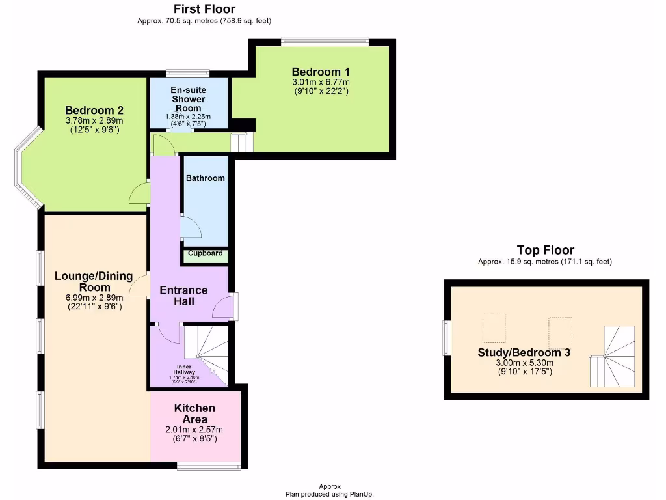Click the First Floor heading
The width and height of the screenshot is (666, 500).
204,9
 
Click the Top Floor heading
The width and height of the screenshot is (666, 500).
545,250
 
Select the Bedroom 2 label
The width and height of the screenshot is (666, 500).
94,111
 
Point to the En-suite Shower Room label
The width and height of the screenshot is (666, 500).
187,99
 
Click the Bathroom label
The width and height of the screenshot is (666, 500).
206,178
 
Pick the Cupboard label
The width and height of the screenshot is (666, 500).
206,253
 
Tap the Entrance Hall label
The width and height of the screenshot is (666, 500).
184,296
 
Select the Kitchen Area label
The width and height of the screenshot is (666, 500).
195,413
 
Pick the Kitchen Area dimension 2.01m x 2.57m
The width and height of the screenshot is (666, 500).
195,430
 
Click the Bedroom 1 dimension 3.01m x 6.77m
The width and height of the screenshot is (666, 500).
321,83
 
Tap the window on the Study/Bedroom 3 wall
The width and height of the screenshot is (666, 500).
447,339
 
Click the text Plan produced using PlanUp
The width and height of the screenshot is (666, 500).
330,494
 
